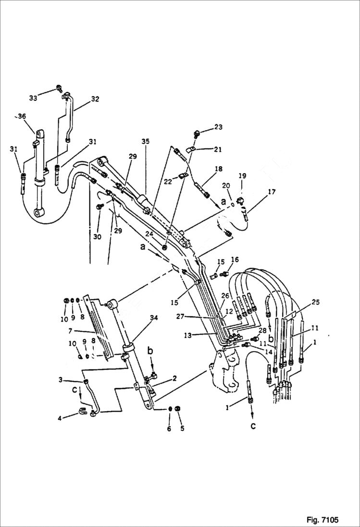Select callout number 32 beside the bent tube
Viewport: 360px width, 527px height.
coord(95,99)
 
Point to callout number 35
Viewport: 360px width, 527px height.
coord(145,141)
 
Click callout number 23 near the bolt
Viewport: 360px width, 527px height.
coord(219,127)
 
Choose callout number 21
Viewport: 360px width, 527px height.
coord(218,149)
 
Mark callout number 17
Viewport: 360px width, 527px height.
coord(272,193)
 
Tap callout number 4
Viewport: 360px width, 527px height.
coord(60,418)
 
